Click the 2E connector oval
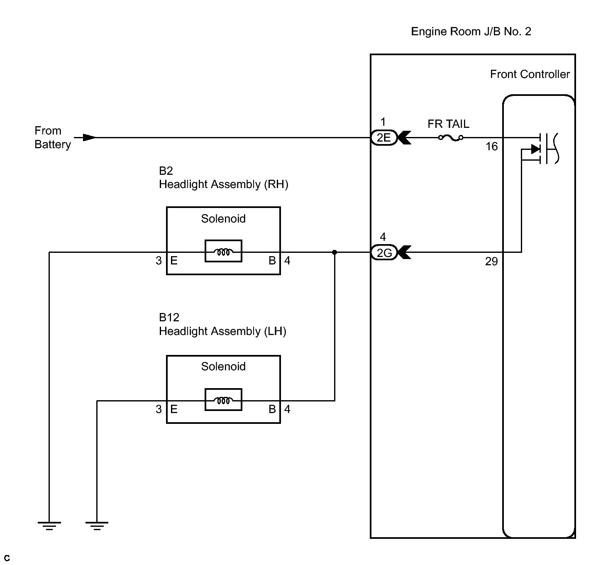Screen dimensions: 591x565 384,137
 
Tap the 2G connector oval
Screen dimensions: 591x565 384,252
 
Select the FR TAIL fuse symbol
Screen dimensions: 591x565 451,138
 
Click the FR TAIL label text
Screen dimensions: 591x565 448,124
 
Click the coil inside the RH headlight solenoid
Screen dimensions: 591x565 224,252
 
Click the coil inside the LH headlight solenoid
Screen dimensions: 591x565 224,401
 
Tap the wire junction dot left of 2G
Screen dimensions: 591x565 335,252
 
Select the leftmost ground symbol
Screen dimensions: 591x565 49,526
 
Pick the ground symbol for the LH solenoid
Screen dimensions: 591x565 97,526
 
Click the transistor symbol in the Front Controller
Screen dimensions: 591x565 544,149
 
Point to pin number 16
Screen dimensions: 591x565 492,147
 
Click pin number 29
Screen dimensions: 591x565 491,261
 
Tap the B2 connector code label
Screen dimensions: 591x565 166,171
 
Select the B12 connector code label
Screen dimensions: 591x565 169,318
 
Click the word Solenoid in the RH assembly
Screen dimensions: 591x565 223,219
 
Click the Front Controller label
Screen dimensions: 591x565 530,74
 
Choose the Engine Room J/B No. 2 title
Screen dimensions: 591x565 471,32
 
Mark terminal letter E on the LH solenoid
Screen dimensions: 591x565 174,409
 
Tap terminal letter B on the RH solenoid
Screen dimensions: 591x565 272,260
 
